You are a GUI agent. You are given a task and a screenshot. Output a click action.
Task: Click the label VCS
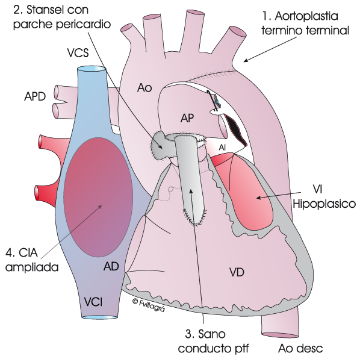(x=78, y=52)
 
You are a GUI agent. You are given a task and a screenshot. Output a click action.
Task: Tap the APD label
(x=35, y=96)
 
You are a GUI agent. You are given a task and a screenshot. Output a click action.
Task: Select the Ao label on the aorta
(x=144, y=88)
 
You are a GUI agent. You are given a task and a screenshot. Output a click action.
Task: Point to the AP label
(x=187, y=118)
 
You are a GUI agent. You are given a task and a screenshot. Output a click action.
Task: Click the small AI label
(x=222, y=147)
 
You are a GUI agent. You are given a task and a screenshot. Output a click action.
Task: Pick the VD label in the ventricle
(x=237, y=272)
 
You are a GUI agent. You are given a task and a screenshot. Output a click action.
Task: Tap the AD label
(x=111, y=266)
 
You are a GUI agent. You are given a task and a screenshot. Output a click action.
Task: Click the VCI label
(x=93, y=302)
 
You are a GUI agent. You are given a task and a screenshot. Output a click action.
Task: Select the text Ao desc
(x=300, y=348)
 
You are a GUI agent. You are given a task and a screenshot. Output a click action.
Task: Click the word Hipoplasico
(x=324, y=204)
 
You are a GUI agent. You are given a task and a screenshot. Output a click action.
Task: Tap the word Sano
(x=212, y=334)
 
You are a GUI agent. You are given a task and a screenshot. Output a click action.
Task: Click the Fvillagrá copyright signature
(x=149, y=305)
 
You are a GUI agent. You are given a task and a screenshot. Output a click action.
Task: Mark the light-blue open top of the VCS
(x=92, y=69)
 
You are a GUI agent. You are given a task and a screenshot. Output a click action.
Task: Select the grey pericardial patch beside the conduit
(x=161, y=145)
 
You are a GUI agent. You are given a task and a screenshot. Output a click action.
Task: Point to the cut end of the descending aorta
(x=278, y=335)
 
